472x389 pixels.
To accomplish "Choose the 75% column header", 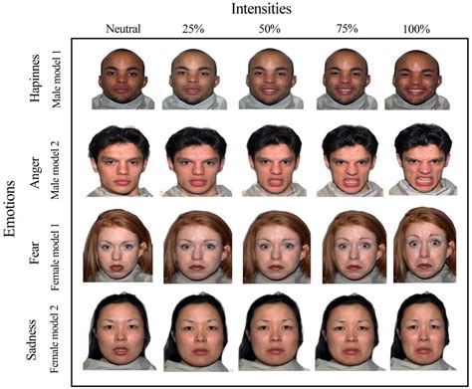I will coord(344,30).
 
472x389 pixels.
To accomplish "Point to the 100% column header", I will coord(416,30).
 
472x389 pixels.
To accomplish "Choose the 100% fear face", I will coord(418,249).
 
